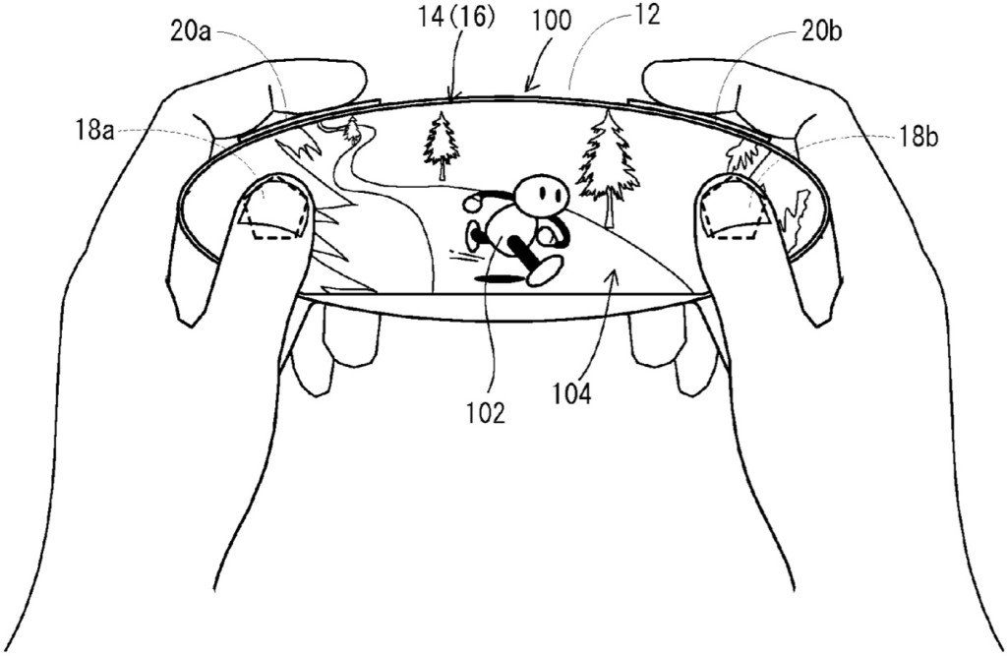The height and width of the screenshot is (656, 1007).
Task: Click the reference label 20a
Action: [192, 32]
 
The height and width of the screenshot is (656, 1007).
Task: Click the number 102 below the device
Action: [487, 414]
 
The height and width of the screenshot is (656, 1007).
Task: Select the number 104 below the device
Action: [573, 394]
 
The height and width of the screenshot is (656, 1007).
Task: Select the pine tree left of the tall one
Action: [442, 146]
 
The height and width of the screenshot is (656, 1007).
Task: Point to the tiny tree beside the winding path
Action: [351, 130]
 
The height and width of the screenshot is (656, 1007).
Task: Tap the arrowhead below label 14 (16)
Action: [452, 96]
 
